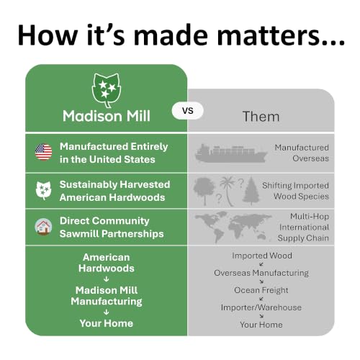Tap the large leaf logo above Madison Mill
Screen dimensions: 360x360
(x=107, y=90)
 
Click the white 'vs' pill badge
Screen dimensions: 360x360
(x=188, y=111)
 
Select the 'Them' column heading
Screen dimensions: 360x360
(x=261, y=117)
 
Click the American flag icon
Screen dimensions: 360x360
(x=43, y=152)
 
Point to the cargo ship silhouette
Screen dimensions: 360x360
(x=231, y=153)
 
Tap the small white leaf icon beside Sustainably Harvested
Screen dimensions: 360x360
(x=43, y=191)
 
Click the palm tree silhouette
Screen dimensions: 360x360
(x=228, y=191)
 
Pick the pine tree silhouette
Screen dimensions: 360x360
(x=251, y=191)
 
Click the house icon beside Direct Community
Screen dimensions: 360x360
(x=43, y=227)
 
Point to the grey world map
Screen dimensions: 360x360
(x=233, y=227)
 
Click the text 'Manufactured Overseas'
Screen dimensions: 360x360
(x=302, y=153)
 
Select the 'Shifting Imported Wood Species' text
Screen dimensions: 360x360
(x=295, y=191)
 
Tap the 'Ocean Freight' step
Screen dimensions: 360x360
(x=261, y=290)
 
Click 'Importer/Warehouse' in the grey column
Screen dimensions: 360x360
(x=261, y=307)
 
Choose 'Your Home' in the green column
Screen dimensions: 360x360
(x=107, y=323)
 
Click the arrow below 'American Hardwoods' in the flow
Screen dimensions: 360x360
(x=107, y=279)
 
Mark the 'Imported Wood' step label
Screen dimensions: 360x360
(x=262, y=256)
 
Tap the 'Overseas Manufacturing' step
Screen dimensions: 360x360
(x=261, y=273)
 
